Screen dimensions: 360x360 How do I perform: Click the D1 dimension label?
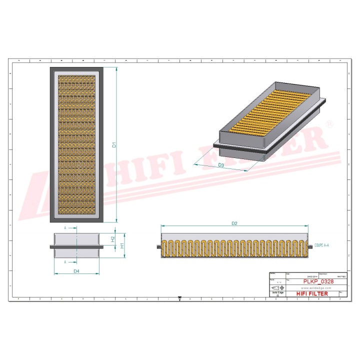pyautogui.click(x=114, y=145)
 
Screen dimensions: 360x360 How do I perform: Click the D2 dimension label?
pyautogui.click(x=234, y=223)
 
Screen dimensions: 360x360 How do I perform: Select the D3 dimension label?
pyautogui.click(x=220, y=165)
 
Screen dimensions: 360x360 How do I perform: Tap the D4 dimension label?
pyautogui.click(x=76, y=271)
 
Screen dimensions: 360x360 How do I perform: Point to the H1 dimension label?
pyautogui.click(x=121, y=246)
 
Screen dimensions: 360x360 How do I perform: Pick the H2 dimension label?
pyautogui.click(x=113, y=239)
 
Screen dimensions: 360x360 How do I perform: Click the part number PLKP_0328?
pyautogui.click(x=318, y=281)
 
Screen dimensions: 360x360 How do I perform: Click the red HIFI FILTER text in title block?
pyautogui.click(x=312, y=293)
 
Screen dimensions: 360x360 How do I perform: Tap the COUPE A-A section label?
pyautogui.click(x=322, y=246)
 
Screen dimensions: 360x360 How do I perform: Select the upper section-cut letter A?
pyautogui.click(x=65, y=228)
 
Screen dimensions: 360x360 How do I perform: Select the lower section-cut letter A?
pyautogui.click(x=65, y=262)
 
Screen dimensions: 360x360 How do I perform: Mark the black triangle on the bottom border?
pyautogui.click(x=179, y=298)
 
